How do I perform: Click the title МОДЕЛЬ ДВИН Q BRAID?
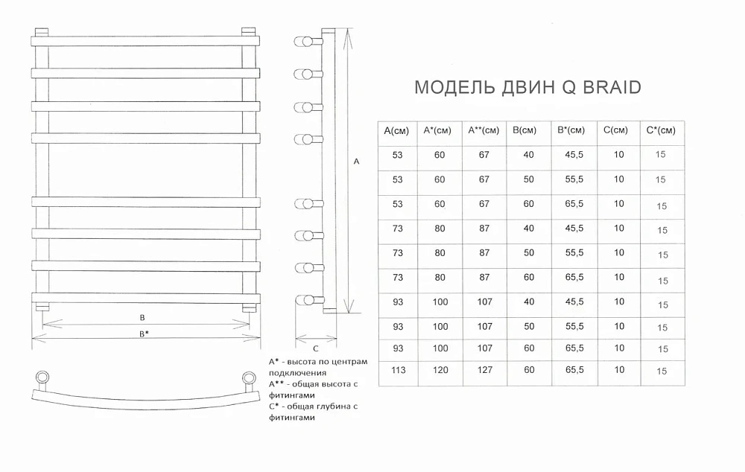(528, 87)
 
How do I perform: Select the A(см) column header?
(396, 130)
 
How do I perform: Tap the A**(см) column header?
(484, 130)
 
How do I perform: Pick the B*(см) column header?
(571, 130)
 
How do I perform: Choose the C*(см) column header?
(660, 130)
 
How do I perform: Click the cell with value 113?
(398, 370)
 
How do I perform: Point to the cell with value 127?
(485, 370)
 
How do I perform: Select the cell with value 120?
(440, 370)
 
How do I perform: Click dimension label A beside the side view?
(356, 162)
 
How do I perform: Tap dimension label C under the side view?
(315, 349)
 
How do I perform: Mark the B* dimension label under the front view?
(144, 334)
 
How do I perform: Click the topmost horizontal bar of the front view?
(145, 41)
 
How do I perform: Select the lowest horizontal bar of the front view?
(146, 299)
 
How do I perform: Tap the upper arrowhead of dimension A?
(348, 31)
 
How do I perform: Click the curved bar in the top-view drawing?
(145, 399)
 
